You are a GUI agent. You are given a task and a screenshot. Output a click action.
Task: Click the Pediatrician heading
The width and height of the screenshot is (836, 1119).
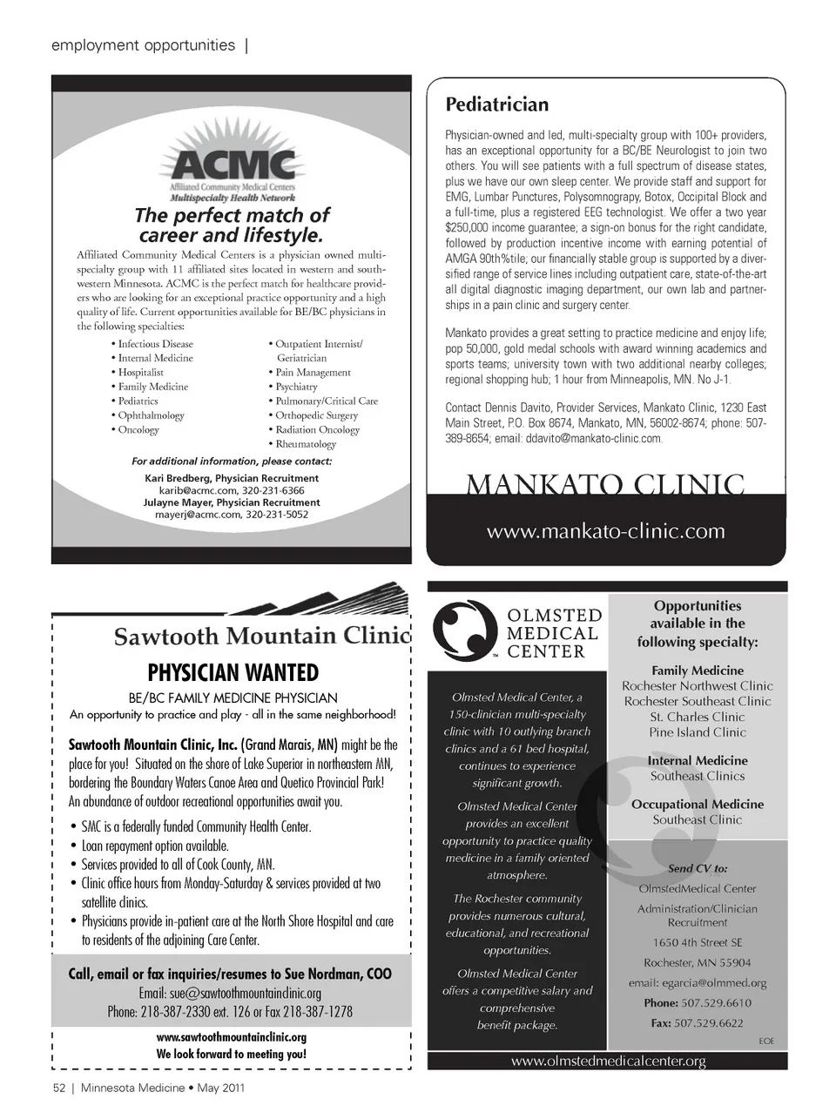pyautogui.click(x=496, y=105)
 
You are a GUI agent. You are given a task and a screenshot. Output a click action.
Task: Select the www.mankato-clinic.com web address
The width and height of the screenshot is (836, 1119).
pyautogui.click(x=605, y=531)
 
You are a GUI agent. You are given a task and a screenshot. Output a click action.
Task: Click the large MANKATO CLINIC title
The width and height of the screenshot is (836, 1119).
pyautogui.click(x=605, y=483)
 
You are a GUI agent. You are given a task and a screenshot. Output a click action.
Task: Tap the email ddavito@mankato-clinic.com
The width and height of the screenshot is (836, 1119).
pyautogui.click(x=593, y=439)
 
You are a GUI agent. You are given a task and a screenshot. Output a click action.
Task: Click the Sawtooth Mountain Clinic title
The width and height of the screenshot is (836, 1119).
pyautogui.click(x=261, y=637)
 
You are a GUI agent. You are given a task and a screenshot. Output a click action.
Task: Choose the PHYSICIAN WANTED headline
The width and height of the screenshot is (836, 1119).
pyautogui.click(x=233, y=673)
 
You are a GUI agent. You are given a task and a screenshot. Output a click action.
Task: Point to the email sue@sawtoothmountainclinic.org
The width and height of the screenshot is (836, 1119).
pyautogui.click(x=230, y=994)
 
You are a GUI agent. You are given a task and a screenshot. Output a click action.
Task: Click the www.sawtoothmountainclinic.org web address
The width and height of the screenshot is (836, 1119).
pyautogui.click(x=232, y=1038)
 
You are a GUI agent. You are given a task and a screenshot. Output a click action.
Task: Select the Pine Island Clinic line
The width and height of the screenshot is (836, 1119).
pyautogui.click(x=698, y=732)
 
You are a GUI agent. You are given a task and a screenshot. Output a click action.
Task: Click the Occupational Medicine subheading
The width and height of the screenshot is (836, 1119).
pyautogui.click(x=698, y=805)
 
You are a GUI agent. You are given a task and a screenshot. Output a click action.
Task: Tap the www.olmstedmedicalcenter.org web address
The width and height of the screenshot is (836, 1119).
pyautogui.click(x=608, y=1062)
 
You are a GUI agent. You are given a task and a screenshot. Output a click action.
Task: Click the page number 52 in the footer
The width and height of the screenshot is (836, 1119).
pyautogui.click(x=59, y=1088)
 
